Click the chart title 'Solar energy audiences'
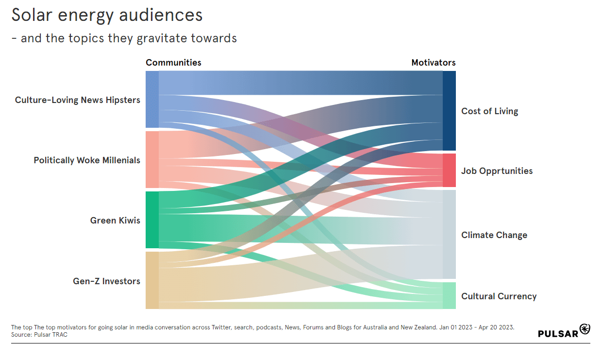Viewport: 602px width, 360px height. coord(107,16)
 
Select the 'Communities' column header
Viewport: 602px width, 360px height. coord(173,63)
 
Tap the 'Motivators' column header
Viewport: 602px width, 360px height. coord(433,63)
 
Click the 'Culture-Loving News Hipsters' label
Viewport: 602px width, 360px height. coord(78,100)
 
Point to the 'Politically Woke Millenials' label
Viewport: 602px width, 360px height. coord(87,160)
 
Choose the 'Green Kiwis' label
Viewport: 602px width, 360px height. coord(115,221)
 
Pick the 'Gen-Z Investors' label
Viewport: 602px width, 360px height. coord(106,281)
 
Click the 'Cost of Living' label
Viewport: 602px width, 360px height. coord(489,111)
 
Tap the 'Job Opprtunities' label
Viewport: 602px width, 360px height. coord(497,171)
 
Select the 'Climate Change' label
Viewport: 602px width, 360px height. coord(494,235)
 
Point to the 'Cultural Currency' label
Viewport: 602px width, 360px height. coord(499,296)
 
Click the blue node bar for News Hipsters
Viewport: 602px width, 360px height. coord(152,100)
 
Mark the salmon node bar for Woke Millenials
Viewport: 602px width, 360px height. coord(152,159)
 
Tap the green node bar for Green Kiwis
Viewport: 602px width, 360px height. coord(152,220)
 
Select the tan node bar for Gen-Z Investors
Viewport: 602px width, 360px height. coord(152,280)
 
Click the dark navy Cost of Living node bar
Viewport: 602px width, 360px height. coord(449,111)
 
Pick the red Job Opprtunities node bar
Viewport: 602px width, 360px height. coord(449,170)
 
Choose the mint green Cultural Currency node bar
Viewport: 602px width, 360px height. coord(449,295)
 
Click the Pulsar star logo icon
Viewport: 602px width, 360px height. coord(585,329)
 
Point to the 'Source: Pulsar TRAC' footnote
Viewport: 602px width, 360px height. coord(39,335)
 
